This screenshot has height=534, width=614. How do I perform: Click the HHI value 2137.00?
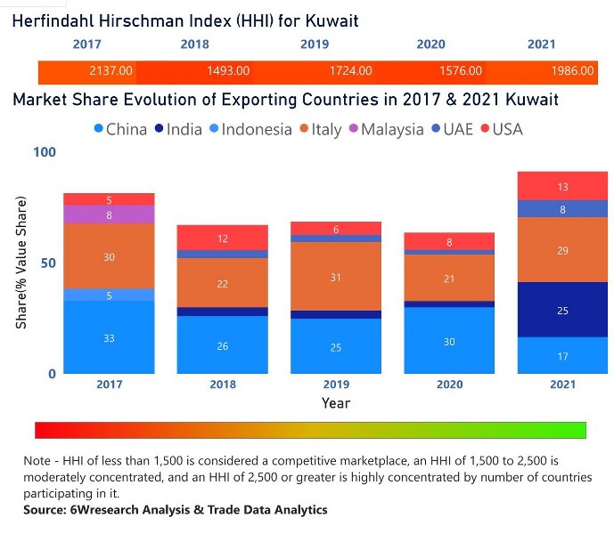pos(111,70)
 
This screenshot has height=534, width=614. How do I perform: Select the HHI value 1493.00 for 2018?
pos(228,70)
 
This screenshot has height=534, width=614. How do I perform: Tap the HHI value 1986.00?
pos(572,70)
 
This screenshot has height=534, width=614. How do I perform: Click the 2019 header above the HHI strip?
pos(314,44)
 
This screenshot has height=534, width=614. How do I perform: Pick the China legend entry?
pos(120,129)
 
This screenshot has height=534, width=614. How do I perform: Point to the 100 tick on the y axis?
pos(45,152)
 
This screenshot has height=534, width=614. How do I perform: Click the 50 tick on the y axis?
pos(48,263)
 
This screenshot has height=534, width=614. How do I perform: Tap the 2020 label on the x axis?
pos(449,384)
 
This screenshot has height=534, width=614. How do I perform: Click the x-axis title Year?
pos(336,403)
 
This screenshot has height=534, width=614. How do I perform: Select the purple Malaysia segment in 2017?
pos(109,214)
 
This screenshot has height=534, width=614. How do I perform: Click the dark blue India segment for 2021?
pos(562,310)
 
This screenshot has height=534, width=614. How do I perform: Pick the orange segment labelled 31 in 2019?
pos(336,277)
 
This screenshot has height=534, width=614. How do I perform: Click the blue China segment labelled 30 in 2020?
pos(449,341)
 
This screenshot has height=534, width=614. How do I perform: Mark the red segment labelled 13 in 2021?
pos(562,186)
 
